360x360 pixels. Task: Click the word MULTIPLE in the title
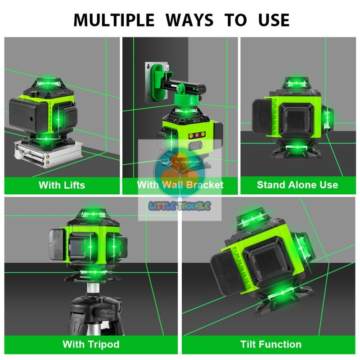pyautogui.click(x=114, y=20)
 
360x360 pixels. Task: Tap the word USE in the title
pyautogui.click(x=274, y=20)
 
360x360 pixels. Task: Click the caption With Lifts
pyautogui.click(x=62, y=185)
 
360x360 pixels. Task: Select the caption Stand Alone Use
pyautogui.click(x=297, y=185)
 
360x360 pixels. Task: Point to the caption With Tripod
pyautogui.click(x=91, y=344)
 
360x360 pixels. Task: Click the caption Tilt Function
pyautogui.click(x=271, y=344)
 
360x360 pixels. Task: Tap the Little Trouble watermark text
pyautogui.click(x=180, y=206)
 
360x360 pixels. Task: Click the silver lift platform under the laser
pyautogui.click(x=49, y=154)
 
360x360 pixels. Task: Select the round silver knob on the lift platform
pyautogui.click(x=18, y=155)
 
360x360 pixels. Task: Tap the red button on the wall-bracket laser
pyautogui.click(x=197, y=135)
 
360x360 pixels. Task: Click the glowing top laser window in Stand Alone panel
pyautogui.click(x=297, y=83)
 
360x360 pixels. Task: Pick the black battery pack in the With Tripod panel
pyautogui.click(x=57, y=245)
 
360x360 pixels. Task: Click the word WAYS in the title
pyautogui.click(x=189, y=20)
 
